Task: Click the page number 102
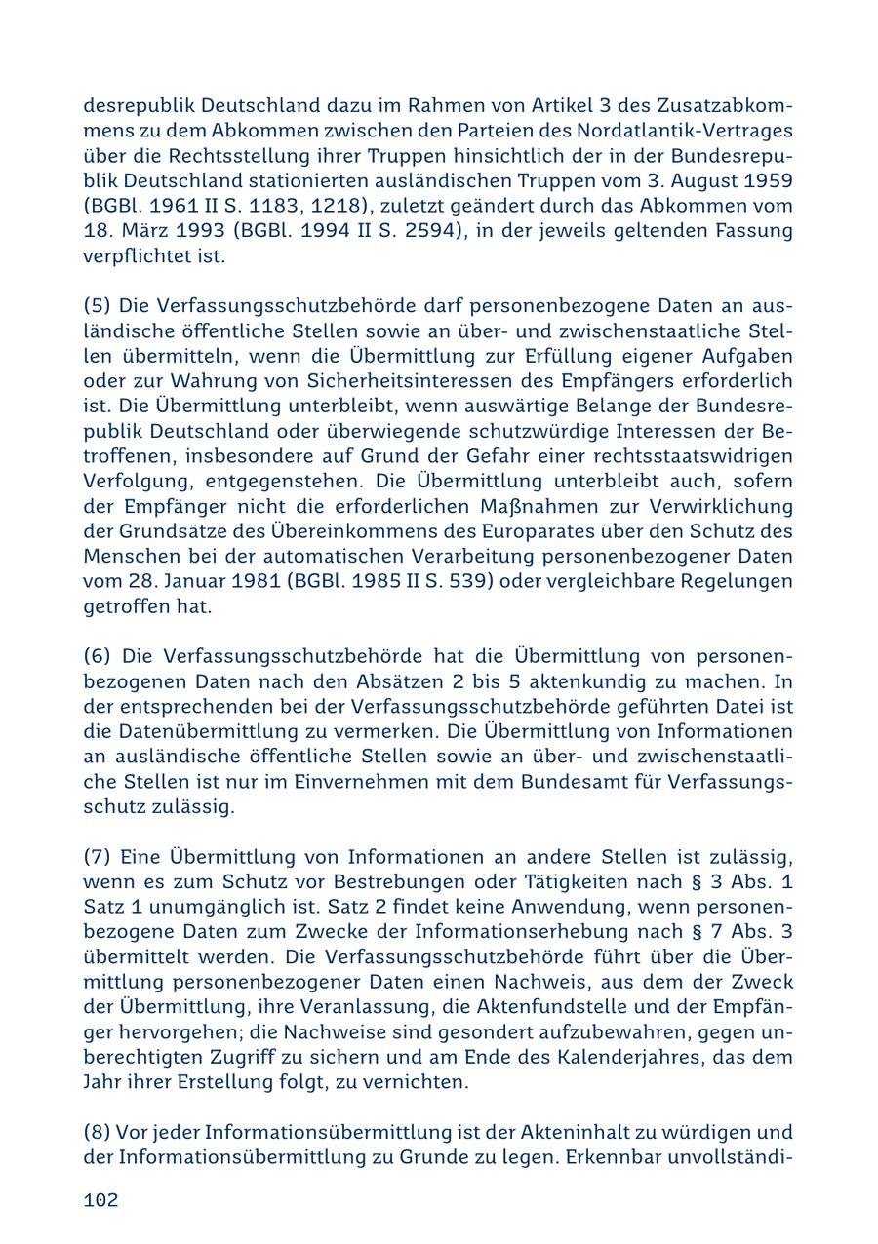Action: tap(100, 1200)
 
